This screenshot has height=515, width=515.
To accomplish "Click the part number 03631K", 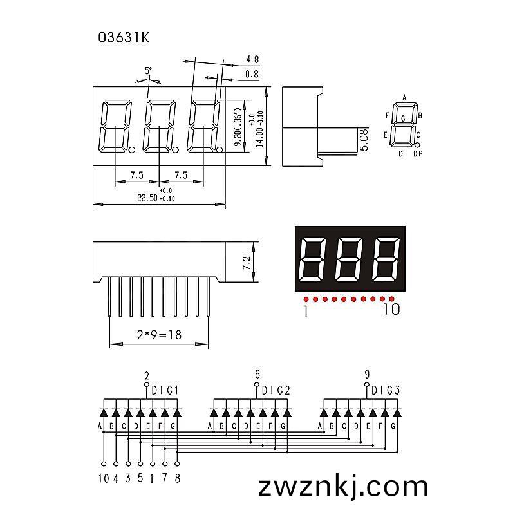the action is coord(124,38).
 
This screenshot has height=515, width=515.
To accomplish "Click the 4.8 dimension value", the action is coord(252,59).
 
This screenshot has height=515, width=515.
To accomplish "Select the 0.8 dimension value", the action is coord(252,74).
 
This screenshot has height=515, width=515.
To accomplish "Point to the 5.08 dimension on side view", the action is coord(364,140).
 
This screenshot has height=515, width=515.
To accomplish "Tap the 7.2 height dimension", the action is coord(247,263).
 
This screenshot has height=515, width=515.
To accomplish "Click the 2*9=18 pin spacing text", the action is coord(159,335).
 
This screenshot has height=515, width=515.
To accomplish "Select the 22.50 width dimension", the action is coord(147,198).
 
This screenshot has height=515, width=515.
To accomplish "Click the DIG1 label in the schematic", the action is coord(165,391).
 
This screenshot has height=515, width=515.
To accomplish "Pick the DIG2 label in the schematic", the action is coord(276,391).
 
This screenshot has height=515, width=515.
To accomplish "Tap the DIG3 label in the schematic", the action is coord(386,391).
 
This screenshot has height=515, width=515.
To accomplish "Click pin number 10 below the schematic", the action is coord(104,478).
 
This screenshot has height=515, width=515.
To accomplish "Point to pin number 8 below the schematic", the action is coord(178,478).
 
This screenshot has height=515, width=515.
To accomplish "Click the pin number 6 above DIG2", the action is coord(257,374).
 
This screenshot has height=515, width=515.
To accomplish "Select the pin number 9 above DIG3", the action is coord(367,374).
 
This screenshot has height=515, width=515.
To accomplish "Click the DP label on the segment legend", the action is coord(418,153).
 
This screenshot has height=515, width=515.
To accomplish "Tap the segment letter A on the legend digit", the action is coord(404,98).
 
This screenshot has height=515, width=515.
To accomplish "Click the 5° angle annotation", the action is coord(149,70).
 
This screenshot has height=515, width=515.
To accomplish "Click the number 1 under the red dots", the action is coord(306,311).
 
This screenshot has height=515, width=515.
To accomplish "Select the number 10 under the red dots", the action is coord(391,309).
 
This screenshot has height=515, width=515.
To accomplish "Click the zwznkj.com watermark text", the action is coord(343,487).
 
